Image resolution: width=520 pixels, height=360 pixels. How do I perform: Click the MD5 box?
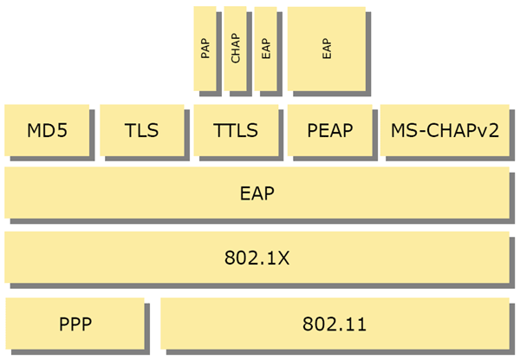click(47, 131)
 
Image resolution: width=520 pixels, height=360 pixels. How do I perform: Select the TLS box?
click(141, 131)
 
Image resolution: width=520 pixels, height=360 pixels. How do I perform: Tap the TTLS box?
click(236, 131)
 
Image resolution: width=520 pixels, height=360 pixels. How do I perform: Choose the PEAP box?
click(329, 131)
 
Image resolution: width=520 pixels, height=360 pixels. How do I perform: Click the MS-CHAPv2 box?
click(443, 131)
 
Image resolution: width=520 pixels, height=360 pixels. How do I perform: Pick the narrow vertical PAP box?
click(205, 49)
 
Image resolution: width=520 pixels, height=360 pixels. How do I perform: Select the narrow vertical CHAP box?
click(235, 49)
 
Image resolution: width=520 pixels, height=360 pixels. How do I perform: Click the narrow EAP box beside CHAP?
click(265, 49)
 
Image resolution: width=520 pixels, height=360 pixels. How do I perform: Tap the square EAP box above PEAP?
click(326, 49)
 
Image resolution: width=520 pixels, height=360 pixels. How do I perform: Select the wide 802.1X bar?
click(257, 258)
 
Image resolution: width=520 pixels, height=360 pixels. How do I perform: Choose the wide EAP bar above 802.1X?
click(257, 193)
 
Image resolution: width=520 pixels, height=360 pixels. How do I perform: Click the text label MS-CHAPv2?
click(443, 131)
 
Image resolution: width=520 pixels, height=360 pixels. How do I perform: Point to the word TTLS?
click(236, 131)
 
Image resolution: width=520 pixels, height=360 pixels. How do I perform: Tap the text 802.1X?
click(257, 258)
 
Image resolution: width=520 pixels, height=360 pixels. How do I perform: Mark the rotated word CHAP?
click(235, 49)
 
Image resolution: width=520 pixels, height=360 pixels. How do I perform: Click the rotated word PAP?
click(205, 49)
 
